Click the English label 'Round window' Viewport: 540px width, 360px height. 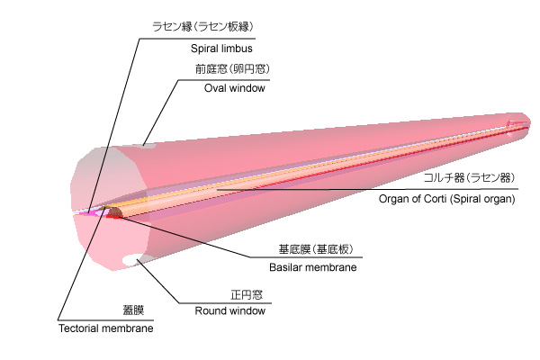pos(230,311)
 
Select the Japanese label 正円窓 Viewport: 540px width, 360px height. pos(245,293)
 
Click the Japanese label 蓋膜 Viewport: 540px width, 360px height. pos(133,310)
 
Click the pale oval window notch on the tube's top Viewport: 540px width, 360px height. pos(148,144)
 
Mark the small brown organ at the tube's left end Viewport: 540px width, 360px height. pos(115,212)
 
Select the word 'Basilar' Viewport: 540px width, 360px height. pos(285,267)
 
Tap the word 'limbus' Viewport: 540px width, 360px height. pos(239,49)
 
